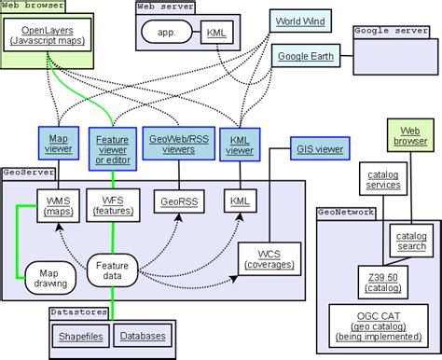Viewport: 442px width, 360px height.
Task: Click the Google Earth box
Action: (302, 57)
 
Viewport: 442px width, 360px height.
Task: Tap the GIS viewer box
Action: (318, 147)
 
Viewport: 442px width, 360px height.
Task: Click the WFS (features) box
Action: (112, 204)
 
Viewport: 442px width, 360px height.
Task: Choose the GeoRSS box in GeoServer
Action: (177, 200)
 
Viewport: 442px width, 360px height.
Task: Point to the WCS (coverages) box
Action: (268, 257)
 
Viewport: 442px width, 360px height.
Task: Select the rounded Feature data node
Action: (113, 270)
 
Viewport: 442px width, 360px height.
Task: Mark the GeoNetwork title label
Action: (346, 213)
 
